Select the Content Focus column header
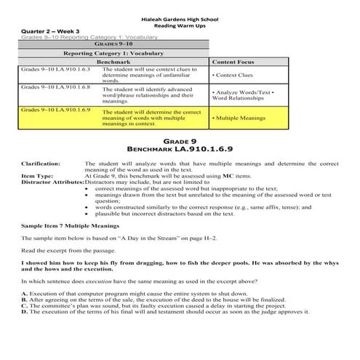click(x=232, y=63)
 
